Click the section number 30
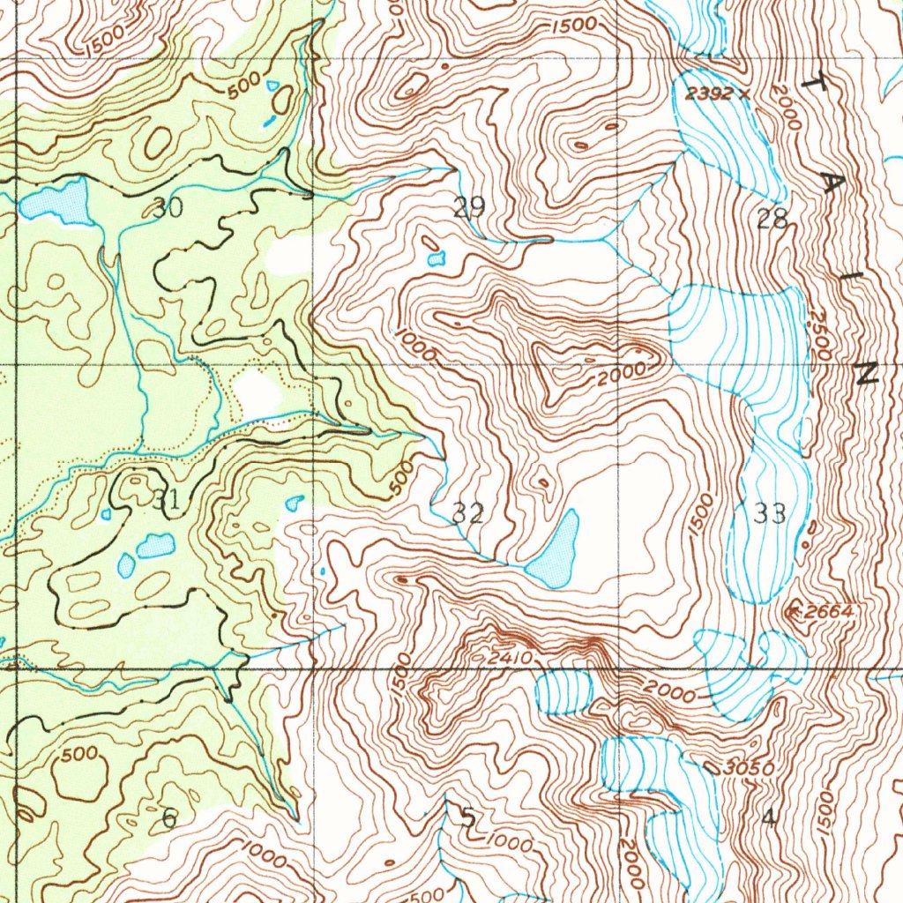click(168, 209)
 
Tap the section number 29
click(469, 209)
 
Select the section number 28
click(772, 220)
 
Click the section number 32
click(467, 513)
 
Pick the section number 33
click(770, 513)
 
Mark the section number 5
click(467, 818)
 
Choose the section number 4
click(769, 818)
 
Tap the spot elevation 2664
click(825, 611)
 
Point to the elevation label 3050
click(747, 769)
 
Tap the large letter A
click(832, 182)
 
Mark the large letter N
click(866, 374)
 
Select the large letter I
click(848, 278)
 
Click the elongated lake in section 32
click(556, 551)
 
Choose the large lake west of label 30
click(57, 203)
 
